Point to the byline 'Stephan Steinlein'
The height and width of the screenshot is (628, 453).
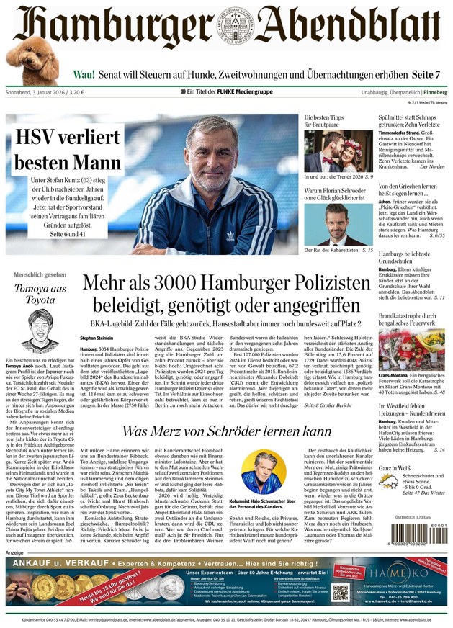(96, 337)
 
